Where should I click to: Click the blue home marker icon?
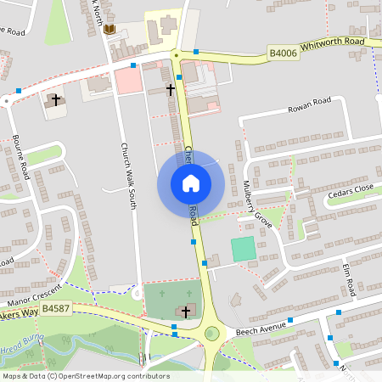191,183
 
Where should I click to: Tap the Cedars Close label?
350,194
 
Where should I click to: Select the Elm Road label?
348,279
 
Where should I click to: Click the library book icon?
109,30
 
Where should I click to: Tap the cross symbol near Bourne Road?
56,100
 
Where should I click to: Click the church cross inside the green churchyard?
187,312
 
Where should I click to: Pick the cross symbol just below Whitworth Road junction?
170,88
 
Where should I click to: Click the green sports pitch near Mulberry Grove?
243,249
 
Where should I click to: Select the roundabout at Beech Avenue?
211,333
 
